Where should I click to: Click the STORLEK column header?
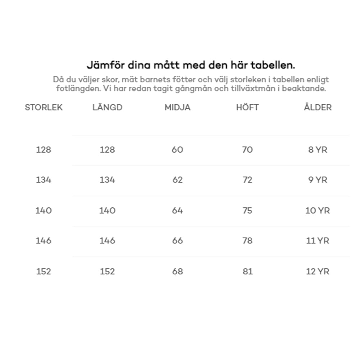point(44,107)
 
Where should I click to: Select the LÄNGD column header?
point(107,107)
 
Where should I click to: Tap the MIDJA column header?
point(177,107)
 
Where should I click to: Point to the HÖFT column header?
point(247,107)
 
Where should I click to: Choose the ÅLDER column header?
point(318,107)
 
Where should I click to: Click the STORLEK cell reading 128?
point(44,150)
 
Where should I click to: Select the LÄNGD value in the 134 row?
point(107,180)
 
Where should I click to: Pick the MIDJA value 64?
point(177,211)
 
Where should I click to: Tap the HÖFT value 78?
point(247,240)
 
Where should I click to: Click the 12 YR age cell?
point(318,271)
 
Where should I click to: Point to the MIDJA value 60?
point(177,150)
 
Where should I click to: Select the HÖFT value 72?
point(247,180)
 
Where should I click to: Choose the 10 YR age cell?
point(318,211)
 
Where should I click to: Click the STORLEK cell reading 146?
point(44,240)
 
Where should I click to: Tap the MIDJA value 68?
point(177,271)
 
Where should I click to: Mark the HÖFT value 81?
point(247,271)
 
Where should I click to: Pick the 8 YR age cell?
point(318,150)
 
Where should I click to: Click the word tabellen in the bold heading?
point(273,66)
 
